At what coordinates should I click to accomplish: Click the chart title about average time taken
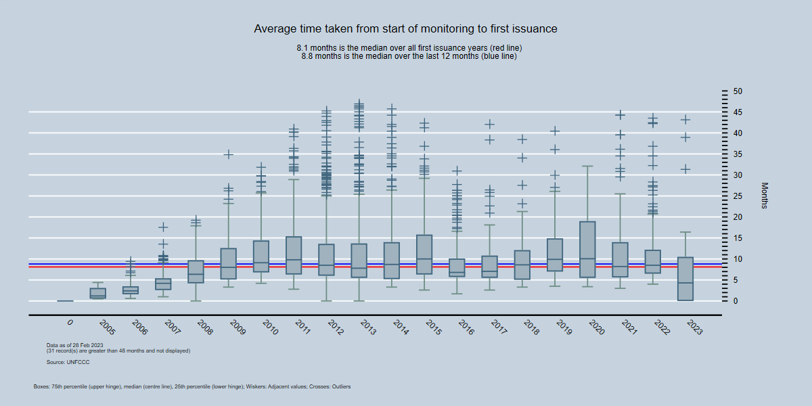405,29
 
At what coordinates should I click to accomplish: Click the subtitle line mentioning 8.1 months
409,48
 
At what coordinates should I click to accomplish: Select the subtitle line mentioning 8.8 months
409,56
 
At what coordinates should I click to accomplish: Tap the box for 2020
587,249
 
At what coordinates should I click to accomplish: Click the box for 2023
685,279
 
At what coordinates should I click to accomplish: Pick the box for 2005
98,293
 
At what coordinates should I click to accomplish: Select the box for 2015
424,254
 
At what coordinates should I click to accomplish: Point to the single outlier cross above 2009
229,154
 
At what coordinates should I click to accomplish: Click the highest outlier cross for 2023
685,120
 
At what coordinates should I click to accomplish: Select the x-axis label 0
70,323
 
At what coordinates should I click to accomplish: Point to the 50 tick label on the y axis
738,91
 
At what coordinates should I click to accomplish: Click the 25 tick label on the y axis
738,196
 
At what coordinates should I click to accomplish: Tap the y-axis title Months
765,195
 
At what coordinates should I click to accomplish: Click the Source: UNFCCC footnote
68,363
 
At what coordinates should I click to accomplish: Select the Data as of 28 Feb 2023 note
74,345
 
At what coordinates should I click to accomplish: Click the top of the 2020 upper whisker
587,166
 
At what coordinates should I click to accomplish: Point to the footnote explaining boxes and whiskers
191,386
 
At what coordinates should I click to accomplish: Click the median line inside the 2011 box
294,260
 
